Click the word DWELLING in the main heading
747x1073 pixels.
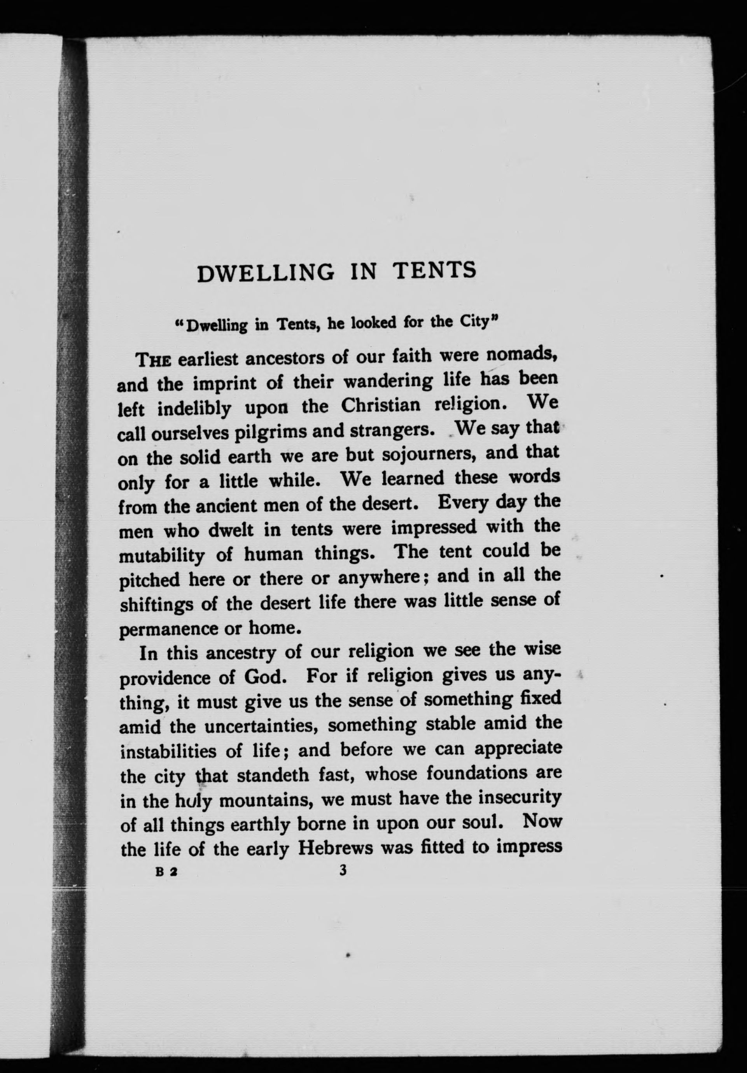tap(266, 273)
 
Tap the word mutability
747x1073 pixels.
tap(162, 556)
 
